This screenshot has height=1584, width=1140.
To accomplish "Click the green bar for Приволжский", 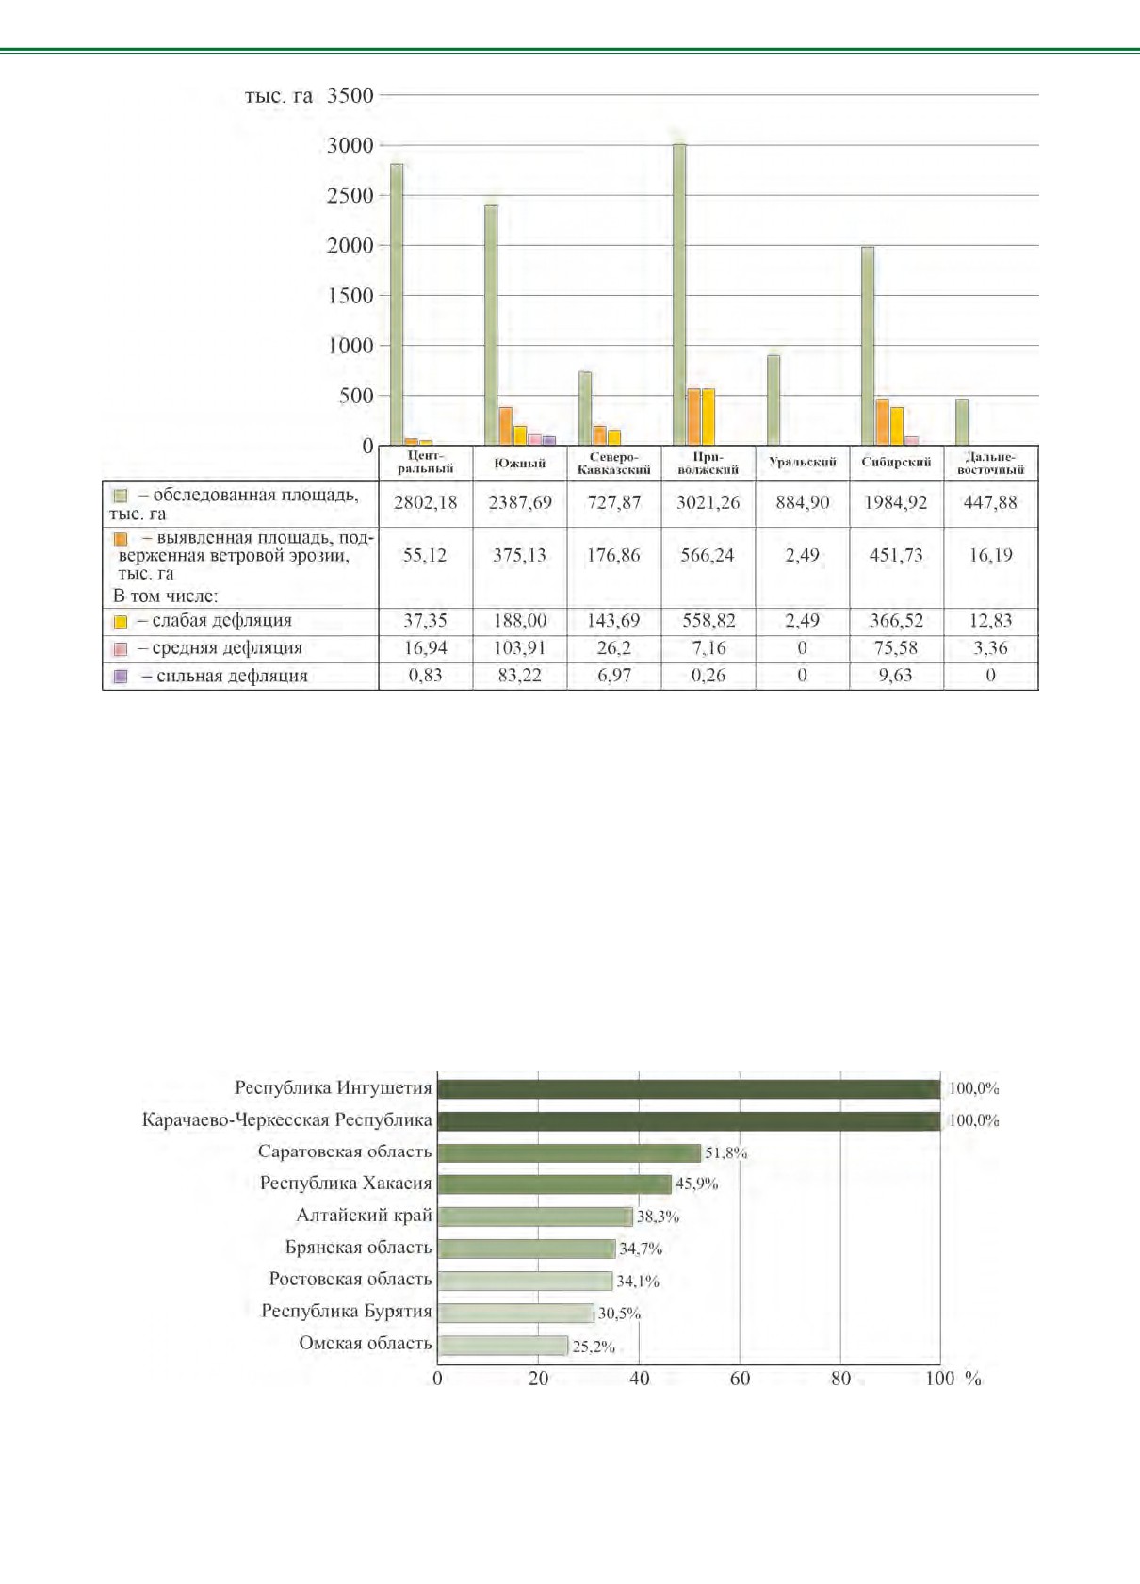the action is click(679, 294).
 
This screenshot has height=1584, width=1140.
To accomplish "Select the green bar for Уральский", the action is click(774, 400).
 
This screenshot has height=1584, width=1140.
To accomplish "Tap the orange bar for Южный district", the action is click(506, 427).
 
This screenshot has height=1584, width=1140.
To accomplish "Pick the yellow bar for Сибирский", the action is click(897, 427).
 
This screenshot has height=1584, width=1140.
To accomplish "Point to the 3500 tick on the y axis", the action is click(350, 95).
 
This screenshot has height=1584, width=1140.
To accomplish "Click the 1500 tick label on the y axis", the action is click(350, 296).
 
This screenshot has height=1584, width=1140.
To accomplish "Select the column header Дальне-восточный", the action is click(990, 464).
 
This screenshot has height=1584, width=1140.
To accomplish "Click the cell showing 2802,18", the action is click(426, 503).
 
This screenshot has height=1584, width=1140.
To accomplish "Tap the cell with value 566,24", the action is click(708, 555).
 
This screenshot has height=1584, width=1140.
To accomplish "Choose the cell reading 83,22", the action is click(520, 676).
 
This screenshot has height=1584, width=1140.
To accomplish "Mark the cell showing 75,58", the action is click(896, 647).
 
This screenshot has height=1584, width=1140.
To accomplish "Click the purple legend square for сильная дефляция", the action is click(121, 676).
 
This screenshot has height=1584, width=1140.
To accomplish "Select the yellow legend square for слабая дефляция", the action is click(121, 622).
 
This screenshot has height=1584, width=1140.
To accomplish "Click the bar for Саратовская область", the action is click(568, 1152).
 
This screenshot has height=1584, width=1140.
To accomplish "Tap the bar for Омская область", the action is click(502, 1345).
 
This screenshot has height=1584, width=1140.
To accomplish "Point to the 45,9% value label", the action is click(696, 1184).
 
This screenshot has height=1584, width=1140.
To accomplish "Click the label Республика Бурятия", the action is click(347, 1311).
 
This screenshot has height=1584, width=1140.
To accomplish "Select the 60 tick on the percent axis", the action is click(740, 1379).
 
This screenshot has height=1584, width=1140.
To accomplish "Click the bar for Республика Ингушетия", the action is click(689, 1089).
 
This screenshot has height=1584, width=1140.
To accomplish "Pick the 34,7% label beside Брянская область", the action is click(641, 1249).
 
